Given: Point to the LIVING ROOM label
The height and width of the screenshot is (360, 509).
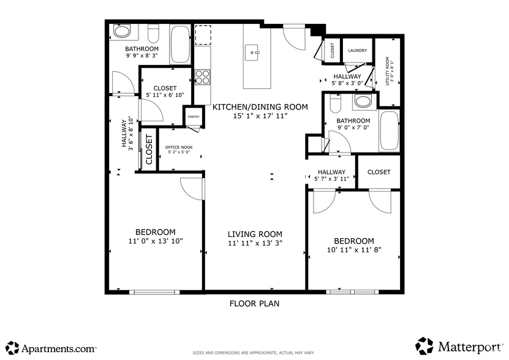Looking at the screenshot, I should pos(255,234).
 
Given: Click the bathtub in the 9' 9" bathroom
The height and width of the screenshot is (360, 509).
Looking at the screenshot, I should pos(180,44).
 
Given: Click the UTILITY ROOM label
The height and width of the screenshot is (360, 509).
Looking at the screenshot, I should pos(388,71).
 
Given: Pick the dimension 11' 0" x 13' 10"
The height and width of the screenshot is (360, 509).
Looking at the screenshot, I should pos(156,241).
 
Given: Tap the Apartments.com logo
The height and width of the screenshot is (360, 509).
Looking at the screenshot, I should pos(51,348).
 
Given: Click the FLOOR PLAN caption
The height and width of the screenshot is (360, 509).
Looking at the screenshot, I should pos(254,303).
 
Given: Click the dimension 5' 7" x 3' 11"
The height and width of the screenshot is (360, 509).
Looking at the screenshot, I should pos(331,179).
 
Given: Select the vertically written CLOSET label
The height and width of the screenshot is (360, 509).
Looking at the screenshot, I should pos(149,149).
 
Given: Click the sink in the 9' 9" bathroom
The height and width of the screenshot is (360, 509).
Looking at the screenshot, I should pos(121,31).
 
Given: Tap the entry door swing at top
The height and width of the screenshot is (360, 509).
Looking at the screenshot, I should pos(295,38).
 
